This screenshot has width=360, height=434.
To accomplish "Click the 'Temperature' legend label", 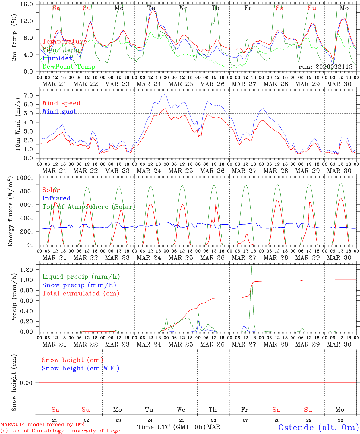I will click(65, 42).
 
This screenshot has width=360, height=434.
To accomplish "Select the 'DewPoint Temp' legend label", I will click(69, 67).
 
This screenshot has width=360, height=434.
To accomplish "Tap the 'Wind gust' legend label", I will click(59, 112).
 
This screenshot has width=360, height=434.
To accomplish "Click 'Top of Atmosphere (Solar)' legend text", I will click(89, 207).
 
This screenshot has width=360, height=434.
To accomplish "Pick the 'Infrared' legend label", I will click(56, 198).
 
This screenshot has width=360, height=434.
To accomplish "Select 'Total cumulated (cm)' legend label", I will click(81, 293).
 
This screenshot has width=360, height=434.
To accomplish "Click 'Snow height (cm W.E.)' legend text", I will click(81, 368).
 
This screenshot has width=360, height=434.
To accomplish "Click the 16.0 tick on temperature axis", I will click(27, 4).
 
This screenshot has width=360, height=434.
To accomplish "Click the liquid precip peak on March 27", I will click(251, 266).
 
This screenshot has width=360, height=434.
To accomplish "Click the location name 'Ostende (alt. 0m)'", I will click(318, 427).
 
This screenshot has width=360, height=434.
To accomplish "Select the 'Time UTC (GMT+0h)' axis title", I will click(171, 427).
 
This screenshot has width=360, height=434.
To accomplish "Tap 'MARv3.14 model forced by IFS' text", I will click(42, 425).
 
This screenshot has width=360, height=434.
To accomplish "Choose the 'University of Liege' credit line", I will click(60, 431).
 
